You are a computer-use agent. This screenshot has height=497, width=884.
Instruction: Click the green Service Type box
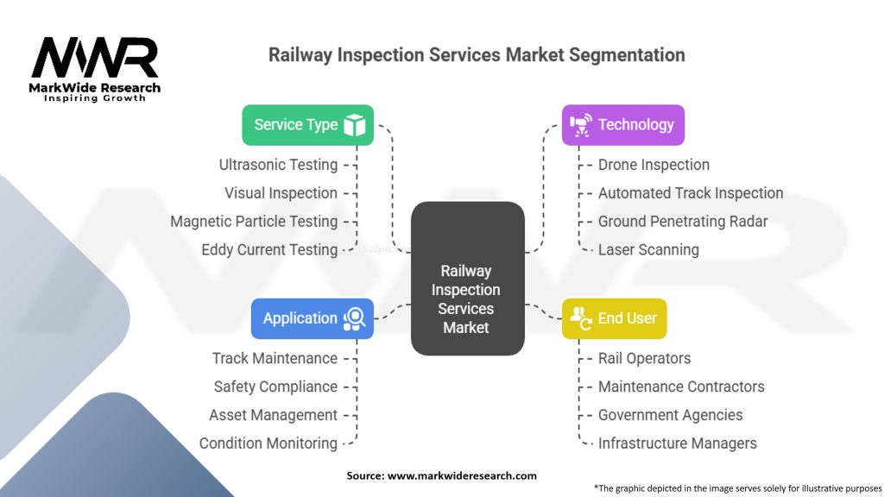coord(307,125)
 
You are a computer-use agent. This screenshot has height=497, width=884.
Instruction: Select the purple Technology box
coord(622,125)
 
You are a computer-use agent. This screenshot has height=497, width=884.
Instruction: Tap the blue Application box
coord(312,318)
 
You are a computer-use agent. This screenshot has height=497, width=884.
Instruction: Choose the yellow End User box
coord(614,318)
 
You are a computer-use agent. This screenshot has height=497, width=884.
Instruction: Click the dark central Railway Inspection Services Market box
coord(467,279)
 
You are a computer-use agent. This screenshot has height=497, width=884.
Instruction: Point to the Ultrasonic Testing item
coord(278,165)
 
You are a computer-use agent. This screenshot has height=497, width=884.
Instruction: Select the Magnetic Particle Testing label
coord(254,222)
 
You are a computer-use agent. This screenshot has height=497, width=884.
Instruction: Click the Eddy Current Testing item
coord(269,250)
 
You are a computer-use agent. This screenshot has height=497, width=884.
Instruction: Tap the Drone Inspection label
coord(654,165)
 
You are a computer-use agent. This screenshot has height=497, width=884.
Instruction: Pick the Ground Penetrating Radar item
coord(682,222)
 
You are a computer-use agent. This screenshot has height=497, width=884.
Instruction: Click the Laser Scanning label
coord(648,250)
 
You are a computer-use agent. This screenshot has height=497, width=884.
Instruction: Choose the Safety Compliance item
coord(275,387)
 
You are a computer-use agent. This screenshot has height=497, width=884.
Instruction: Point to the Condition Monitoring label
coord(268,444)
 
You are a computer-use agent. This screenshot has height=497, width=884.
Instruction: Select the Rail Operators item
coord(644,358)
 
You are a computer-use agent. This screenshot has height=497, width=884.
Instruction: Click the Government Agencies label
coord(670,415)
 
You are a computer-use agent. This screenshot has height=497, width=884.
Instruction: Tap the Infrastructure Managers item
coord(677,444)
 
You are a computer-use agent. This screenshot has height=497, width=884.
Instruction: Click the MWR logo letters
coord(95,59)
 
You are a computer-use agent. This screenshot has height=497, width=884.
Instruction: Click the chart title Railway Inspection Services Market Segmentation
coord(477,55)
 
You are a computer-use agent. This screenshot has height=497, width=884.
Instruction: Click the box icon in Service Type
coord(354,125)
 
